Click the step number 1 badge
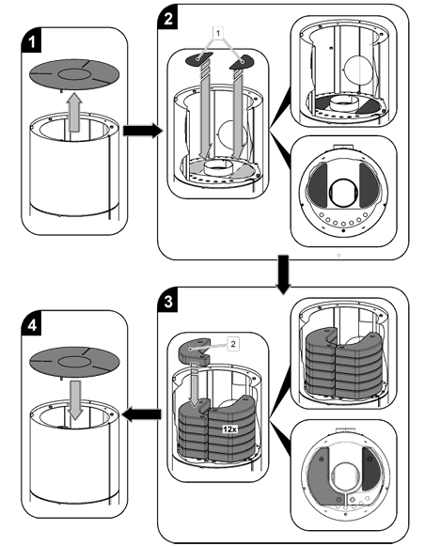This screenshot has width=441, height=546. [31, 41]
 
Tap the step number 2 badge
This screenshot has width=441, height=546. [168, 18]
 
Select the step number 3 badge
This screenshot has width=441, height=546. [168, 302]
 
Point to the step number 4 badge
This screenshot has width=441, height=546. [32, 325]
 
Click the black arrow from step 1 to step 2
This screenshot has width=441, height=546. [143, 131]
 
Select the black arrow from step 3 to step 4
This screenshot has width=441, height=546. [142, 414]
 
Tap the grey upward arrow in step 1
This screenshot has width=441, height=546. [74, 113]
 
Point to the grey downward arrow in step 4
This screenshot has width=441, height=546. [75, 400]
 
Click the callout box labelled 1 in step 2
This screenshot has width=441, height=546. [218, 34]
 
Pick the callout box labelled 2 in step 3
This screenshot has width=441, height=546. [233, 344]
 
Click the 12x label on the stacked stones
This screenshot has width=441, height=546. [229, 429]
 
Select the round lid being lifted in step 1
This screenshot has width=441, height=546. [74, 74]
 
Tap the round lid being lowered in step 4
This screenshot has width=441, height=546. [74, 362]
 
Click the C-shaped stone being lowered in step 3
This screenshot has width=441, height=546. [195, 351]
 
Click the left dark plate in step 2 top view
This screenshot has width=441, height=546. [317, 184]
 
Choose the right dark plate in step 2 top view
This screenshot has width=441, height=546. [369, 184]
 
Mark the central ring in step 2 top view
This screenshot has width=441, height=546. [343, 192]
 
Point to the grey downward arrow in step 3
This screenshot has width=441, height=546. [195, 385]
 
